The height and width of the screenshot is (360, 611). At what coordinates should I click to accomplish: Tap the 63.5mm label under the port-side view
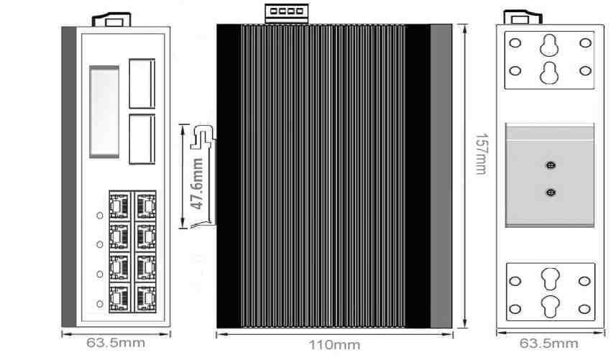[x=115, y=342]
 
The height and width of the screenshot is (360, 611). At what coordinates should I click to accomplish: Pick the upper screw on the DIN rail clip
[x=550, y=165]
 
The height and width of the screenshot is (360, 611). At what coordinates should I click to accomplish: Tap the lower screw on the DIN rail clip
[x=550, y=192]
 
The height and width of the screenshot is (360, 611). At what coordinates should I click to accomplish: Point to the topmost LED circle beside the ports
[x=100, y=214]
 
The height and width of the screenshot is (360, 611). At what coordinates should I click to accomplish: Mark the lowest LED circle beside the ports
[x=100, y=303]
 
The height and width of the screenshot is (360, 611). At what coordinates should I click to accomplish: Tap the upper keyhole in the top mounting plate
[x=550, y=46]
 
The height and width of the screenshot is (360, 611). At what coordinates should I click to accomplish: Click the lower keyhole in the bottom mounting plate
[x=550, y=305]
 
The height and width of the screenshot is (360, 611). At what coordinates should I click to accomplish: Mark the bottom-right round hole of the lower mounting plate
[x=585, y=309]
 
